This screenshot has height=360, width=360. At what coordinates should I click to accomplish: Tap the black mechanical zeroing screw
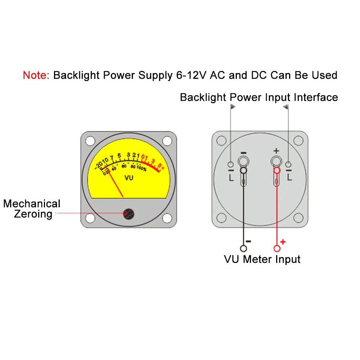coord(128,213)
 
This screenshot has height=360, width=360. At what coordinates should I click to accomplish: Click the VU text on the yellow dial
coord(129,177)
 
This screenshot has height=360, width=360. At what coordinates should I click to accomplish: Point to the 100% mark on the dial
coord(141,168)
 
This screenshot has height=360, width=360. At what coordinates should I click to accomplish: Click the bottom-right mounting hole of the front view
coord(167,218)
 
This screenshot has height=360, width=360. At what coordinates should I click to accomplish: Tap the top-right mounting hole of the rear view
coord(298,140)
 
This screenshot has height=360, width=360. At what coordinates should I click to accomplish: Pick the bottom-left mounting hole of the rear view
coord(221,217)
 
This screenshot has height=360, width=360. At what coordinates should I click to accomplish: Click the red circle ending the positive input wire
coord(277,248)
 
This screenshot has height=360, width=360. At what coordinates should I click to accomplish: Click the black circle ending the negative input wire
coord(243,248)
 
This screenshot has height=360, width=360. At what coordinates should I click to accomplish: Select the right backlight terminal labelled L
coord(288,165)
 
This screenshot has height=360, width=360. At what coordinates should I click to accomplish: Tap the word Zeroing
coord(33,214)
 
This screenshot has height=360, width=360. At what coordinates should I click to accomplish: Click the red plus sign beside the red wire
coord(283,242)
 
